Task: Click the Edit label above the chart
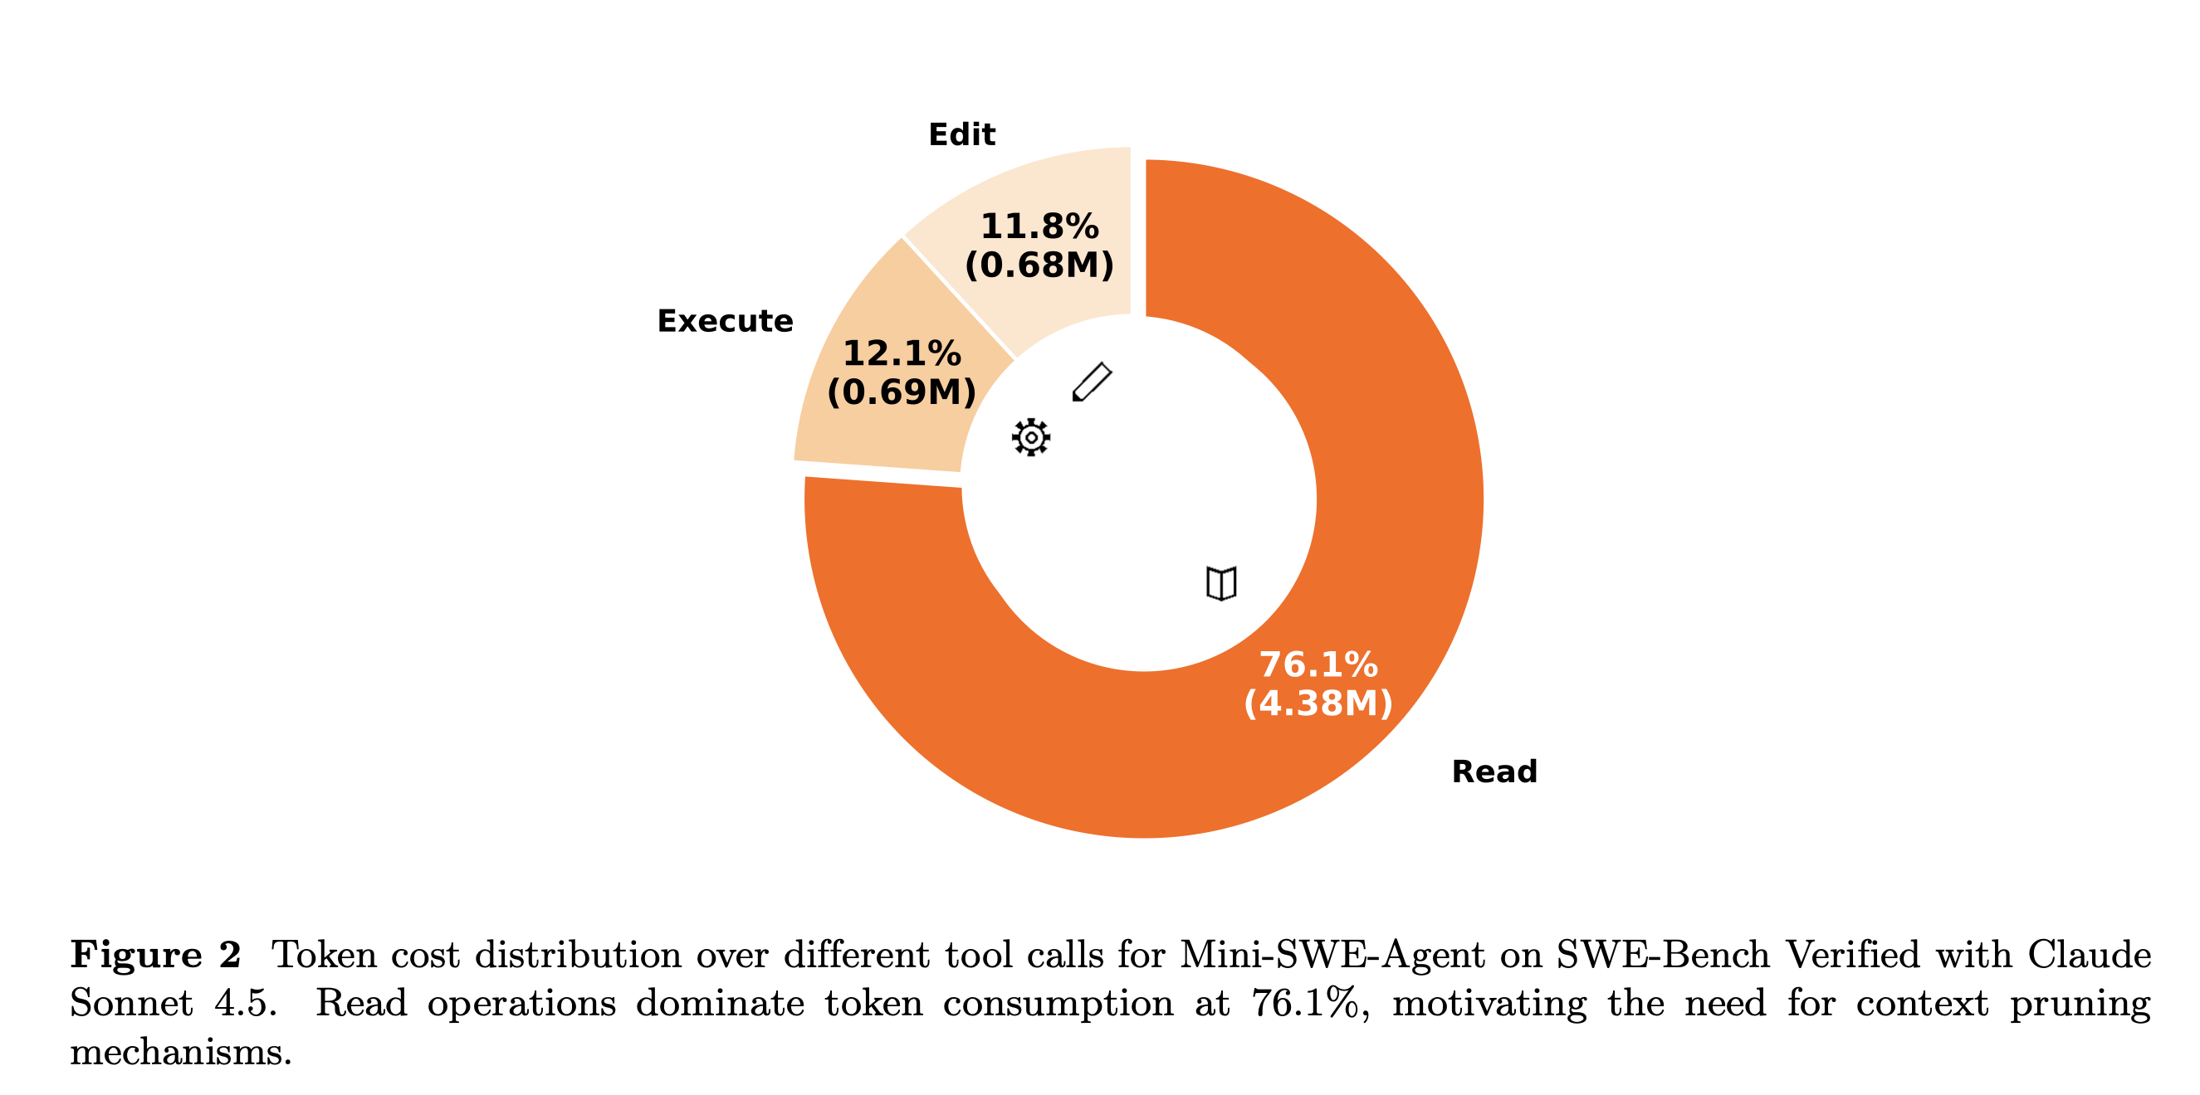point(961,135)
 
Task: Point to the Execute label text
point(725,321)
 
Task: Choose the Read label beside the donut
point(1494,771)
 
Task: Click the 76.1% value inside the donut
point(1318,664)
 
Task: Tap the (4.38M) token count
point(1318,703)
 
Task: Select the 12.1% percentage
point(902,353)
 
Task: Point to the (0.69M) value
point(902,392)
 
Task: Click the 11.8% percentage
point(1039,226)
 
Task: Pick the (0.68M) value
point(1039,265)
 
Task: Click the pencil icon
point(1092,382)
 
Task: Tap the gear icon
point(1031,438)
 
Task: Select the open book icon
point(1221,584)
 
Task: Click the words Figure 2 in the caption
point(155,954)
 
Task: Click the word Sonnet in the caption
point(131,1003)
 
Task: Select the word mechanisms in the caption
point(180,1052)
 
